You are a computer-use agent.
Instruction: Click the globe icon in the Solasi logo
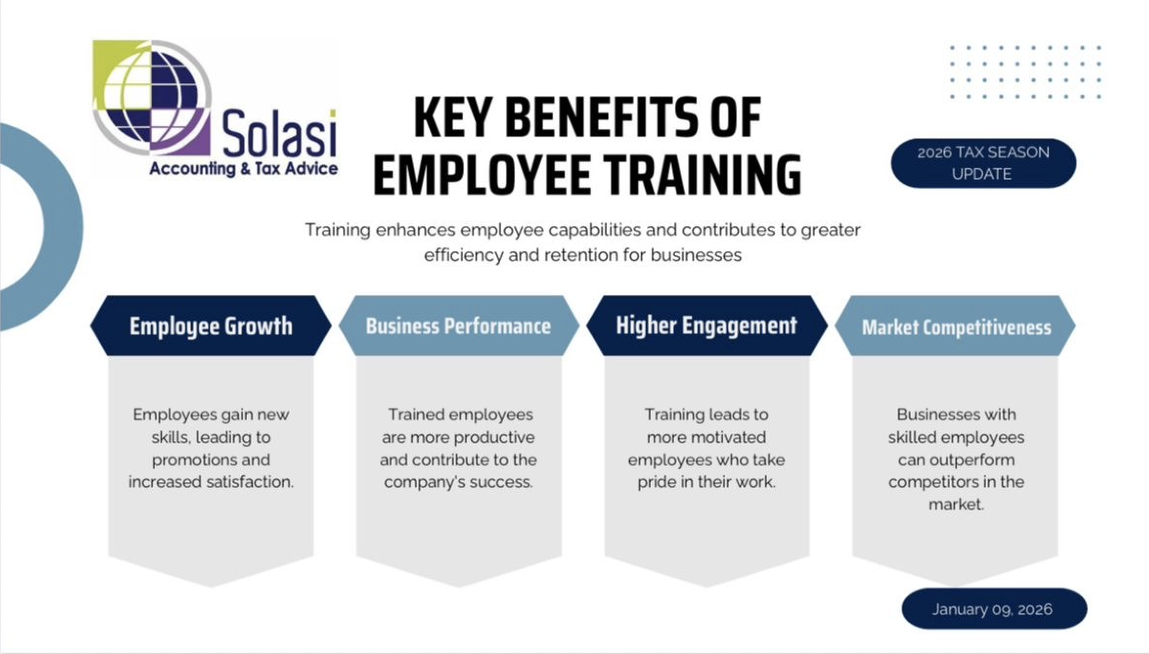click(x=152, y=98)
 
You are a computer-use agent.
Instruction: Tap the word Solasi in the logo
click(x=280, y=133)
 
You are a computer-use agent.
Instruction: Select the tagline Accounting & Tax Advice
click(x=243, y=169)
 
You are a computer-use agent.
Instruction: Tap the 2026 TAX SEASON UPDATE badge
click(x=983, y=163)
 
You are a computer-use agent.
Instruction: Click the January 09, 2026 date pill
click(x=994, y=609)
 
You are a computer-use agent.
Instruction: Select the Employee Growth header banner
click(x=211, y=326)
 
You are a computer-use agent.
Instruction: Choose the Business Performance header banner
click(x=459, y=326)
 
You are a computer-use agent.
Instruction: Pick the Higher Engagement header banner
click(x=707, y=326)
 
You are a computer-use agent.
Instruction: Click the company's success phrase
click(x=458, y=482)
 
